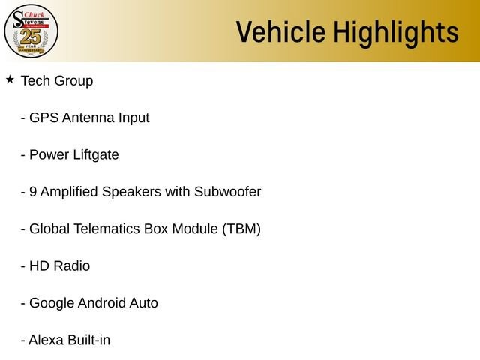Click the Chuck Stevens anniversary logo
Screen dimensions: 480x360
pos(31,31)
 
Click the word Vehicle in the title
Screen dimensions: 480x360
pos(280,31)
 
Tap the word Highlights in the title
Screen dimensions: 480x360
pos(396,33)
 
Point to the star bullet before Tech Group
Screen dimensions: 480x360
pos(10,79)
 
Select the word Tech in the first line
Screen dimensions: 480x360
pos(36,81)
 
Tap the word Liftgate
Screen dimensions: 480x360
pos(96,155)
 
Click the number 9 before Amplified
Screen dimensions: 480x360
pos(33,192)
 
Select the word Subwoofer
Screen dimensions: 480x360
pos(228,192)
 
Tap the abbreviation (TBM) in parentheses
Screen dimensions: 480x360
pos(241,229)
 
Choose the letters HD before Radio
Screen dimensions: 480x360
pos(40,266)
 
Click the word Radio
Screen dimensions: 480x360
pos(72,266)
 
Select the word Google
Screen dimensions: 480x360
pos(52,304)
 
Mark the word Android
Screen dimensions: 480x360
pos(102,303)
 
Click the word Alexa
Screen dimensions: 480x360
pos(46,340)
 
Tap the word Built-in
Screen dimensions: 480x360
pos(88,340)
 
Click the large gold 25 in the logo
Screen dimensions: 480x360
pos(31,37)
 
